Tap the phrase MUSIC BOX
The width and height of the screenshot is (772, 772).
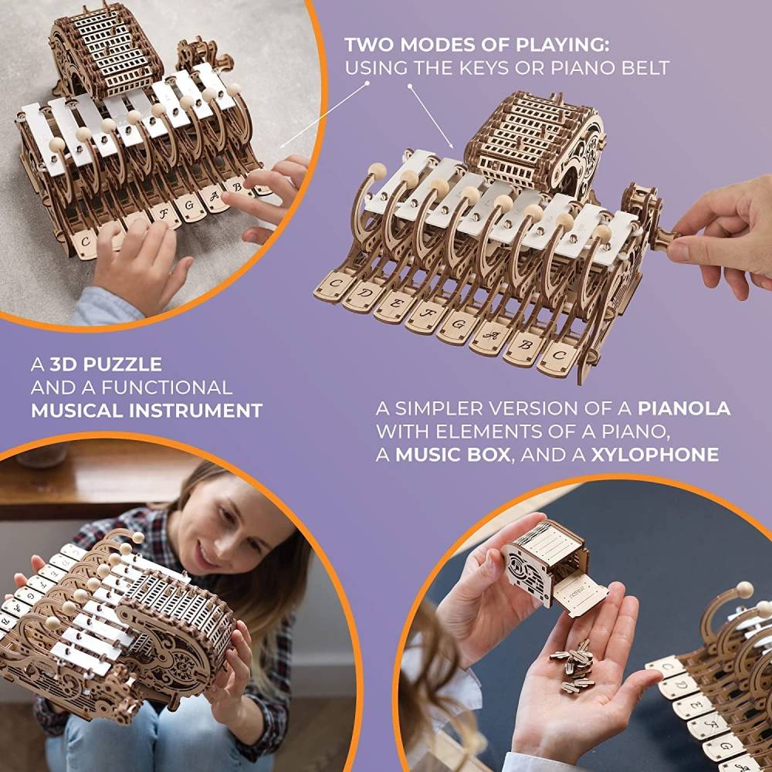pos(452,454)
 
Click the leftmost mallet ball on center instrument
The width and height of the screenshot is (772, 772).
pos(376,171)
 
